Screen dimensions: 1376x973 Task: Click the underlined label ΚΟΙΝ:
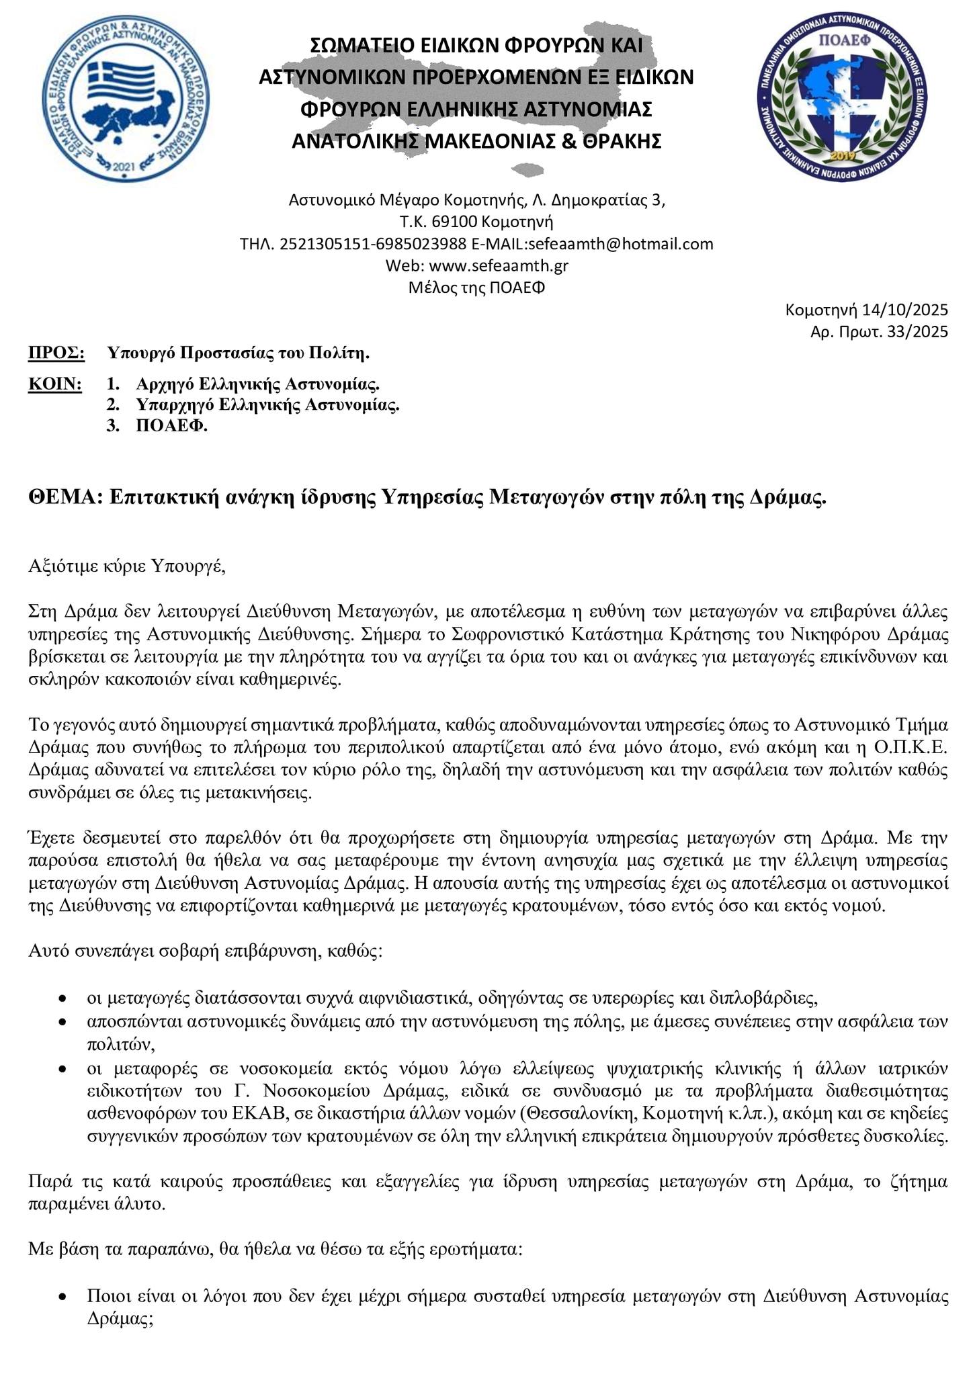click(55, 385)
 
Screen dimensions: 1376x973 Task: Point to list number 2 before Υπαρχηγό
click(112, 405)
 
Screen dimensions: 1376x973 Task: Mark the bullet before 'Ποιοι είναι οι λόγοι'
click(62, 1297)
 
